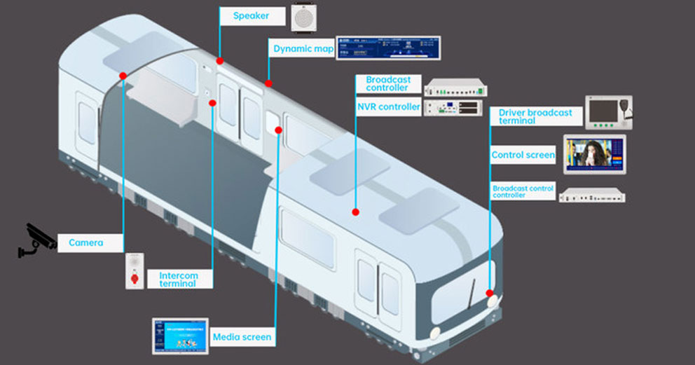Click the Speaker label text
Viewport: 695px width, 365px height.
(x=250, y=15)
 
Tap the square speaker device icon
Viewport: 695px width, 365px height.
(x=303, y=17)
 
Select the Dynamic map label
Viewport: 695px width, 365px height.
(x=303, y=49)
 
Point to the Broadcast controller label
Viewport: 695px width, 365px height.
(x=387, y=83)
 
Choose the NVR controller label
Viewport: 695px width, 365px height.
(x=388, y=107)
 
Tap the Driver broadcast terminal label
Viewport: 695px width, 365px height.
(x=535, y=116)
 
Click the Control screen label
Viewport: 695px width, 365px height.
(x=523, y=155)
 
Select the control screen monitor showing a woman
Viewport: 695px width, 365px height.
(x=594, y=154)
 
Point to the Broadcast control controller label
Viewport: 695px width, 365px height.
(x=523, y=191)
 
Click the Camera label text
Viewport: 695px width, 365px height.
(x=85, y=243)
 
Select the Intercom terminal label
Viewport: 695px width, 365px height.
(x=178, y=279)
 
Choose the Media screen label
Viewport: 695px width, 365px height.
(x=242, y=337)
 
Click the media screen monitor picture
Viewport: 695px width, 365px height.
(x=181, y=336)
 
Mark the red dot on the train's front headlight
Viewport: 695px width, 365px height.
(x=490, y=293)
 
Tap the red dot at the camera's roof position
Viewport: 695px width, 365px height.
(x=123, y=76)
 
